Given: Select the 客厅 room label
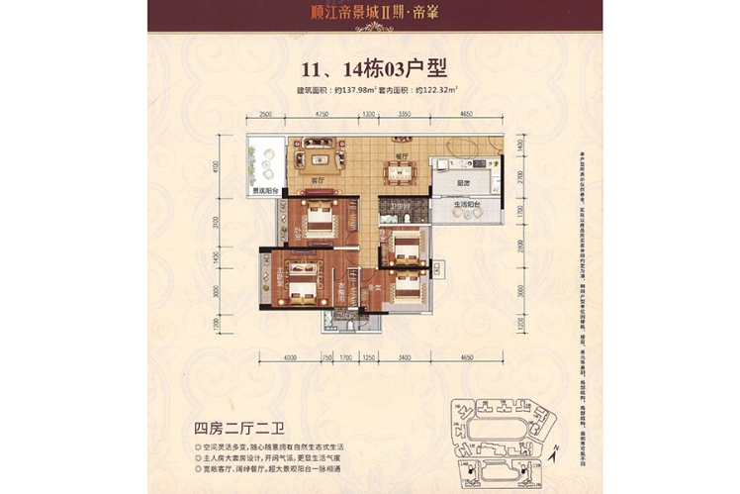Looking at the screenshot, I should tap(318, 181).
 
